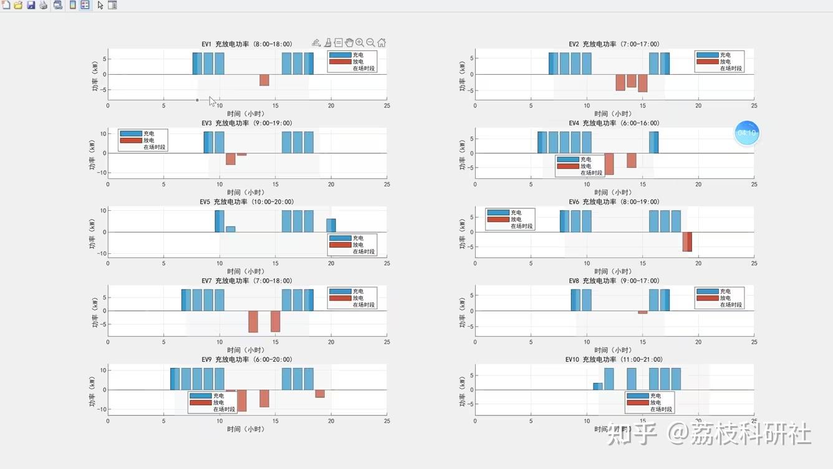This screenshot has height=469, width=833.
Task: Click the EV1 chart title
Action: [246, 44]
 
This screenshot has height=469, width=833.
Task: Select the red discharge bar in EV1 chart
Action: [264, 80]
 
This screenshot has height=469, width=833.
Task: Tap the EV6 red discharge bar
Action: [687, 241]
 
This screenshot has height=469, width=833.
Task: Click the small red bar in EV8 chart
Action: [642, 312]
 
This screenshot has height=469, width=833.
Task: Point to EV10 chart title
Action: [614, 360]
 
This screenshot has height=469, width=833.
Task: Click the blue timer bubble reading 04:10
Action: [746, 133]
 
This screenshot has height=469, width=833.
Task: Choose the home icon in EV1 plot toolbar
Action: [382, 43]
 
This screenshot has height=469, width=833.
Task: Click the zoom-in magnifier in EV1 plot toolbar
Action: [360, 43]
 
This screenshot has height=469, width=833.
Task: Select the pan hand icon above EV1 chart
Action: [349, 43]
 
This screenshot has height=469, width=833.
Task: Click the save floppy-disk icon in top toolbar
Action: [31, 5]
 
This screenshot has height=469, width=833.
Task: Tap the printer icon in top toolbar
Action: [44, 5]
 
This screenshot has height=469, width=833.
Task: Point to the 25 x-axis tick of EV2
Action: [754, 106]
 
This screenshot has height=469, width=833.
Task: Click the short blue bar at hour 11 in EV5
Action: [231, 229]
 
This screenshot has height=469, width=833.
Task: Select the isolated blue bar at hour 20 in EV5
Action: [331, 225]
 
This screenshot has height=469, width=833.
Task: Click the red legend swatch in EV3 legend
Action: [131, 140]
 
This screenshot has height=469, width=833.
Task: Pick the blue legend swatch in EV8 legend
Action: [708, 291]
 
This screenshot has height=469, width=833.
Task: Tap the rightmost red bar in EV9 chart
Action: [320, 394]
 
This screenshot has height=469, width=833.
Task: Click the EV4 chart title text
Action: [614, 123]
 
